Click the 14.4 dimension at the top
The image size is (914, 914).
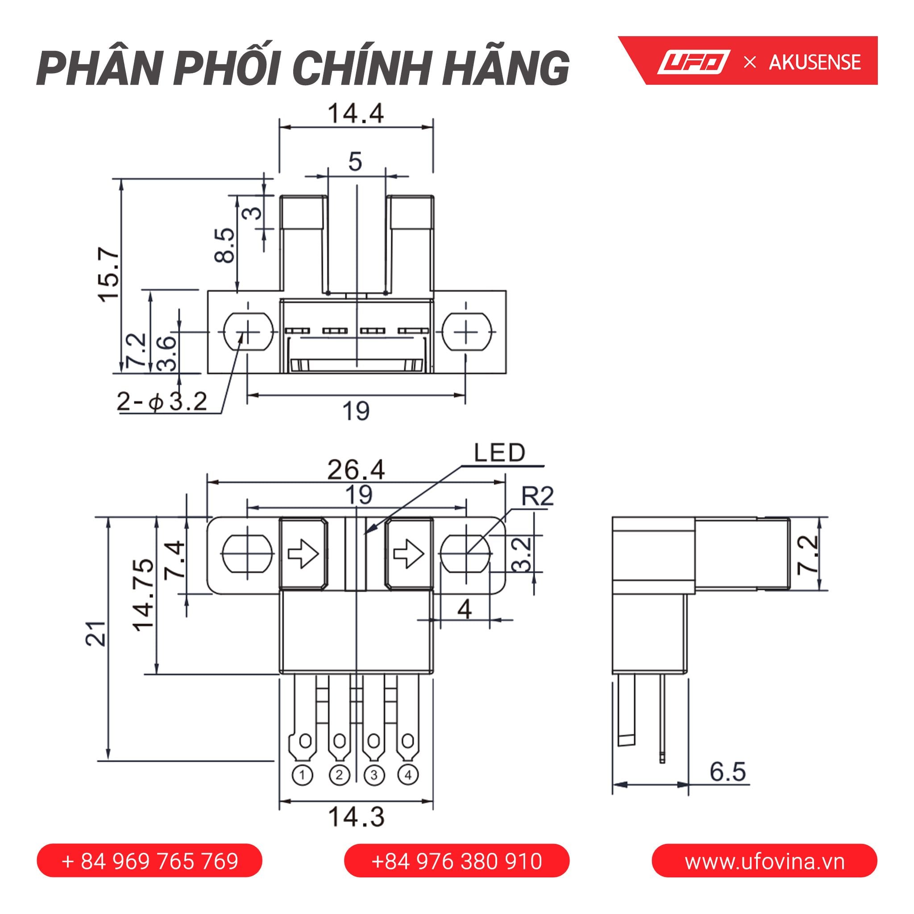[x=355, y=113]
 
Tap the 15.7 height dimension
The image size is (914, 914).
[x=109, y=274]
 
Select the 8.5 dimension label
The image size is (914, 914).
[x=224, y=245]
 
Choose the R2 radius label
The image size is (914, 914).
[x=537, y=497]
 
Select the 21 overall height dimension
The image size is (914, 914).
[x=96, y=633]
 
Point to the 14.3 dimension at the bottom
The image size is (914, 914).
[x=356, y=817]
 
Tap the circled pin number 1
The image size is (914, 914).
[x=303, y=775]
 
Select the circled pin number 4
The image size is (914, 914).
[x=408, y=775]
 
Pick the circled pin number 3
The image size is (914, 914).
[x=374, y=775]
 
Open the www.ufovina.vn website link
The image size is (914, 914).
[x=764, y=861]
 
